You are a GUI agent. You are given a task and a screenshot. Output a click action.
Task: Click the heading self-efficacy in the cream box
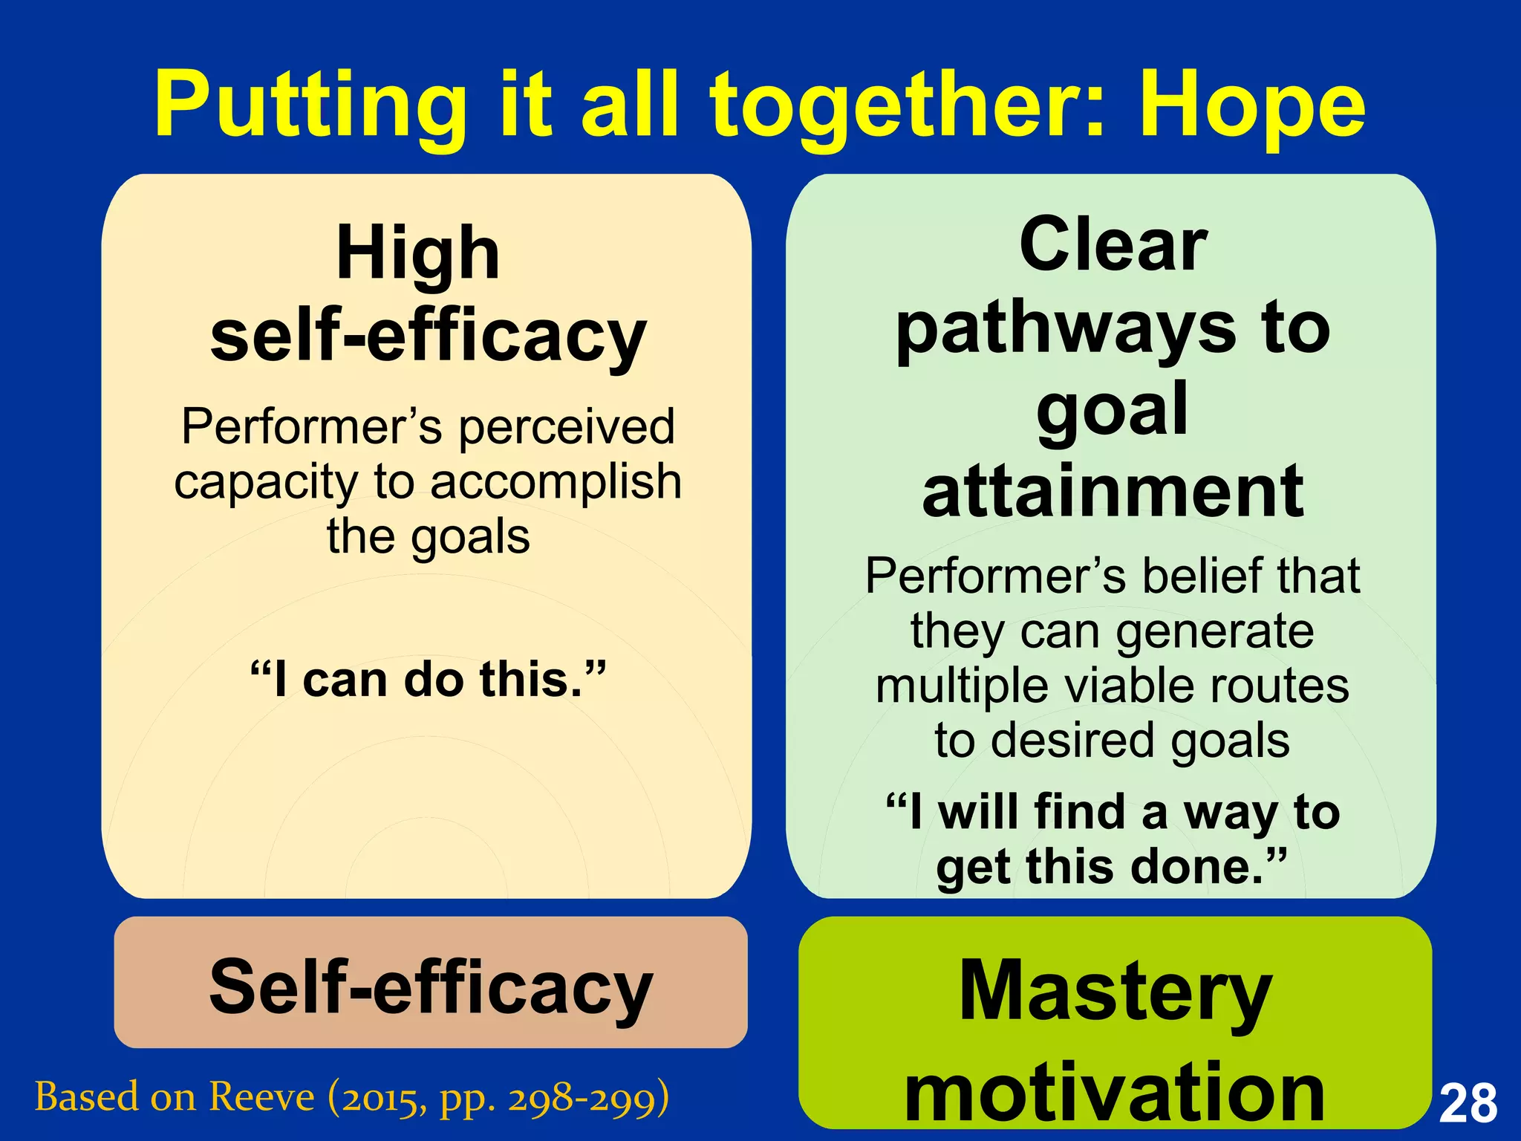pyautogui.click(x=429, y=336)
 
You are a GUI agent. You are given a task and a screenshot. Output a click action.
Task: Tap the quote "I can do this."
pyautogui.click(x=429, y=679)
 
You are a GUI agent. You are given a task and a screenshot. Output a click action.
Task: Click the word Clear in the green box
pyautogui.click(x=1113, y=244)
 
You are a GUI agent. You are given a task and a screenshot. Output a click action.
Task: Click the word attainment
pyautogui.click(x=1113, y=492)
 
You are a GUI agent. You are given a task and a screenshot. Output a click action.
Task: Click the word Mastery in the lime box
pyautogui.click(x=1115, y=990)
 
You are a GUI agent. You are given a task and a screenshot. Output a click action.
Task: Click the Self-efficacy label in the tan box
pyautogui.click(x=431, y=986)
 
